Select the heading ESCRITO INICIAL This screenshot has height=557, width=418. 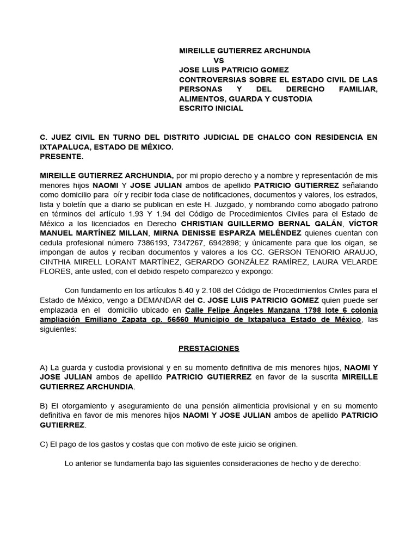tap(211, 108)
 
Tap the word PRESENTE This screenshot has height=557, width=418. tap(62, 157)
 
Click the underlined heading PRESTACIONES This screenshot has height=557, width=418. tap(209, 348)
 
